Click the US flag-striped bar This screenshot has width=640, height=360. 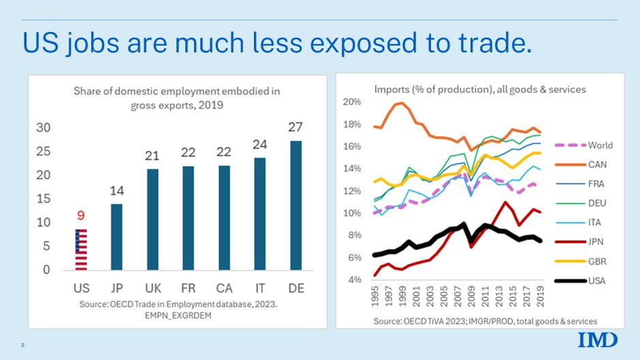point(81,250)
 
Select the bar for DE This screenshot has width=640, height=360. point(296,206)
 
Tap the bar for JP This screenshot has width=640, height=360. point(117,237)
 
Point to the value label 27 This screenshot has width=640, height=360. point(296,127)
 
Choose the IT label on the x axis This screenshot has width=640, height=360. point(260,289)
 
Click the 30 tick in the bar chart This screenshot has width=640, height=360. point(44,128)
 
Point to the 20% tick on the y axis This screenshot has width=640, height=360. point(351,102)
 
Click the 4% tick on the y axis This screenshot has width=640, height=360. point(353,280)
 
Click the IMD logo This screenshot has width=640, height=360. point(598,340)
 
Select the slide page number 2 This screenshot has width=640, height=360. point(22,346)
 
